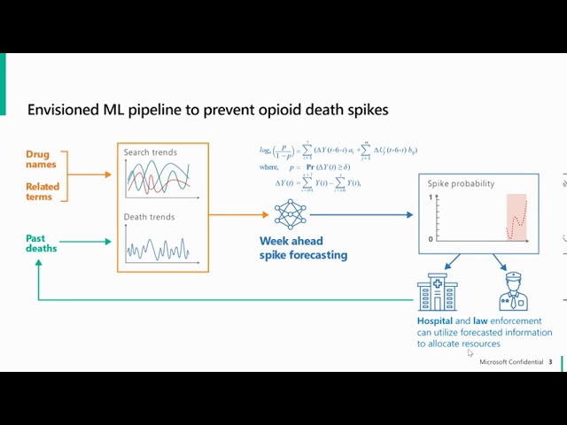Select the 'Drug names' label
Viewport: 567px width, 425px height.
tap(41, 159)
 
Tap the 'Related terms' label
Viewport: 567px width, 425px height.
tap(43, 191)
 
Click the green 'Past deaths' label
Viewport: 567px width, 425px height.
tap(41, 243)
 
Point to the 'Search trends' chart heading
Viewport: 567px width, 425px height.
tap(150, 152)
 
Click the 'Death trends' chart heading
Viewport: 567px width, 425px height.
tap(149, 217)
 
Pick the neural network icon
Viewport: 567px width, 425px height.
tap(290, 214)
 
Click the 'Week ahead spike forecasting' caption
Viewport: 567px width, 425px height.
tap(303, 248)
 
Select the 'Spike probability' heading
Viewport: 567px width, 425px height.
tap(461, 183)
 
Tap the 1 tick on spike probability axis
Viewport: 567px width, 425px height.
tap(431, 197)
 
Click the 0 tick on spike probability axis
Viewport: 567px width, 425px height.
tap(431, 239)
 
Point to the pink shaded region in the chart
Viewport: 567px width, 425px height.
tap(517, 217)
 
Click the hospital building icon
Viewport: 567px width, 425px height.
tap(438, 292)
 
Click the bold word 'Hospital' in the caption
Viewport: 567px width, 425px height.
tap(435, 321)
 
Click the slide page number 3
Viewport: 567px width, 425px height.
tap(550, 362)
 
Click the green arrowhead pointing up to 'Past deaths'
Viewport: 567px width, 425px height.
tap(39, 263)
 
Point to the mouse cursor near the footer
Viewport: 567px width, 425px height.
tap(470, 353)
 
